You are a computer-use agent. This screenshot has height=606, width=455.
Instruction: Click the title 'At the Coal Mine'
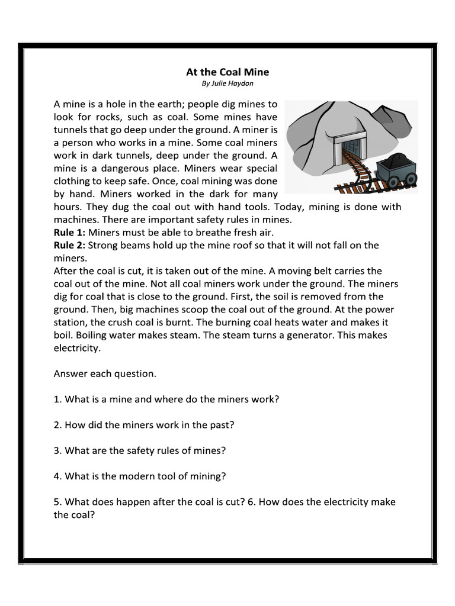coord(227,72)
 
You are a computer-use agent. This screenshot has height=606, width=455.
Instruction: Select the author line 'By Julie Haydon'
coord(227,84)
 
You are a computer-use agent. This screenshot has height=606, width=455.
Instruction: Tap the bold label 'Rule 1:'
coord(69,233)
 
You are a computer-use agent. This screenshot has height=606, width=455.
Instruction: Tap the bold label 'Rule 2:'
coord(69,245)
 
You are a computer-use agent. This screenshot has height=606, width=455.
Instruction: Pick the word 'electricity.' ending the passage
coord(78,348)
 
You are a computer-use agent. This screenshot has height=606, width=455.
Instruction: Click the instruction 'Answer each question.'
coord(105,373)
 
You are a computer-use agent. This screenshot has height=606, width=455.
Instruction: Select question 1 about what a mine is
coord(166,399)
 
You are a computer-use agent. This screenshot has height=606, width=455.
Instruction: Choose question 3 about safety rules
coord(140,450)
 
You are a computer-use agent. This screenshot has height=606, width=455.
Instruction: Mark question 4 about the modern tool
coord(140,476)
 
